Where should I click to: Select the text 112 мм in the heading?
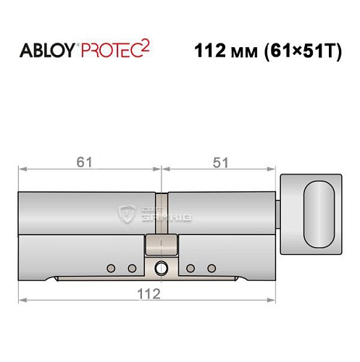point(225,52)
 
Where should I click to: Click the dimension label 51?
point(219,161)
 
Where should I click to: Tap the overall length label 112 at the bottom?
point(148,293)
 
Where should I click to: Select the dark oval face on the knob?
point(319,214)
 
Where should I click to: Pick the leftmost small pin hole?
point(111,269)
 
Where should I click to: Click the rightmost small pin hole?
point(211,269)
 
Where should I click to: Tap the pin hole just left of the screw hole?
point(132,269)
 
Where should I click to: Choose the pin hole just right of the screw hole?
point(190,269)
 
